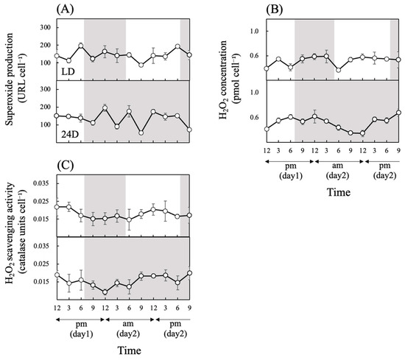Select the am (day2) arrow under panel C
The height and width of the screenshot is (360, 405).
coord(130,320)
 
